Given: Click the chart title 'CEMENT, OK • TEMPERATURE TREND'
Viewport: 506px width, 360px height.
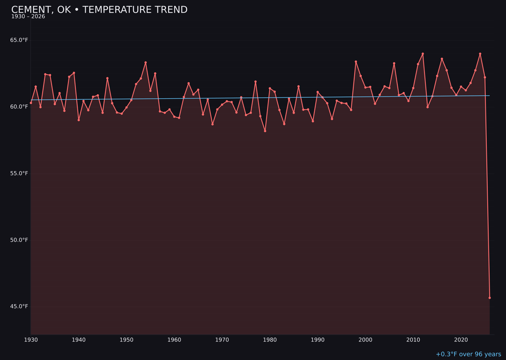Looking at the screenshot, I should (x=99, y=10).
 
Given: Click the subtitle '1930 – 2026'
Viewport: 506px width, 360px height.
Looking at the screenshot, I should (x=28, y=17).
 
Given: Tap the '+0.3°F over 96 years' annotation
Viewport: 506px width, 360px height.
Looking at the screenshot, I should (x=468, y=354).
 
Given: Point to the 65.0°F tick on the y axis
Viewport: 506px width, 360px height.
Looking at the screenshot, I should (x=19, y=40).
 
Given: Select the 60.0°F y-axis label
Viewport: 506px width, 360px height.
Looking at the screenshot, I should (x=19, y=107).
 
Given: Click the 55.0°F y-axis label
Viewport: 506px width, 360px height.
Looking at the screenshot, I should (x=19, y=173).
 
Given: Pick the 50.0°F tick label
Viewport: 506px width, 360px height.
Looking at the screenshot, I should (x=19, y=240).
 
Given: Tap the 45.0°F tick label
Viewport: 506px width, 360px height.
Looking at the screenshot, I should (x=19, y=307).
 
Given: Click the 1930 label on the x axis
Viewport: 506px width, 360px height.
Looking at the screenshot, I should (x=31, y=340).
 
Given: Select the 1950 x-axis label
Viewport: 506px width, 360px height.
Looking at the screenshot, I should (x=126, y=340).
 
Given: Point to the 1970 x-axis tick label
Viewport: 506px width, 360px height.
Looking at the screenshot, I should (x=222, y=340).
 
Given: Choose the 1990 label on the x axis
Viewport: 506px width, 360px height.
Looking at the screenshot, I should (x=318, y=340).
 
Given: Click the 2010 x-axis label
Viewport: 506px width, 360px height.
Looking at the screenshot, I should (x=413, y=340).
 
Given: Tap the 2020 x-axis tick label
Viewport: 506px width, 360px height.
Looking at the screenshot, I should (x=461, y=340).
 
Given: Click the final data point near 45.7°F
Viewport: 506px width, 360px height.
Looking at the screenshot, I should (x=490, y=298).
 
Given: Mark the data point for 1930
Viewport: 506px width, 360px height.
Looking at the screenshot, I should (x=31, y=103).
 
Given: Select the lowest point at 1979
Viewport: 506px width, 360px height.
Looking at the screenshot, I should (x=265, y=131).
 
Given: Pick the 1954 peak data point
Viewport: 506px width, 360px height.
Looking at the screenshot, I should (x=146, y=62).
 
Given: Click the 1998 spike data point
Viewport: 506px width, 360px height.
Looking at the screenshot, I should (x=356, y=61).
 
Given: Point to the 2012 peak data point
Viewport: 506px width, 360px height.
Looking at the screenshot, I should (x=423, y=53).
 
